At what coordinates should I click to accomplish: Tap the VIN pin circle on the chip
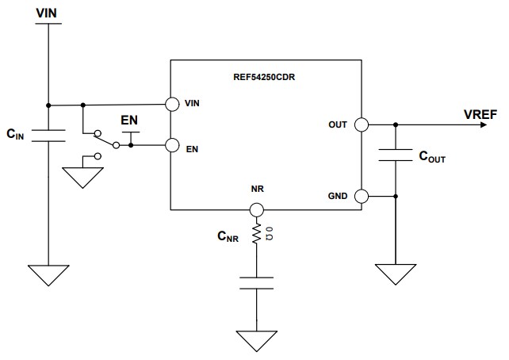pyautogui.click(x=170, y=105)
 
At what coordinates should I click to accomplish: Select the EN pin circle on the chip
pyautogui.click(x=170, y=145)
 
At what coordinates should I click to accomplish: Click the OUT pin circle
pyautogui.click(x=361, y=124)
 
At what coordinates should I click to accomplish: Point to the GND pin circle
pyautogui.click(x=361, y=196)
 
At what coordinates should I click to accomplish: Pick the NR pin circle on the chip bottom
pyautogui.click(x=256, y=210)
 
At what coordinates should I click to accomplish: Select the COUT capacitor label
pyautogui.click(x=431, y=157)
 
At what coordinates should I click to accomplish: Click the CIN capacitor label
pyautogui.click(x=16, y=136)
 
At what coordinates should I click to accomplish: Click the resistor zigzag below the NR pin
pyautogui.click(x=256, y=234)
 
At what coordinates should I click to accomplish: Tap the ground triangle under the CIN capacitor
pyautogui.click(x=48, y=276)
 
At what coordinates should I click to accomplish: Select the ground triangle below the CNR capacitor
pyautogui.click(x=256, y=339)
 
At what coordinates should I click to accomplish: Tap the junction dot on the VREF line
pyautogui.click(x=394, y=124)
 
